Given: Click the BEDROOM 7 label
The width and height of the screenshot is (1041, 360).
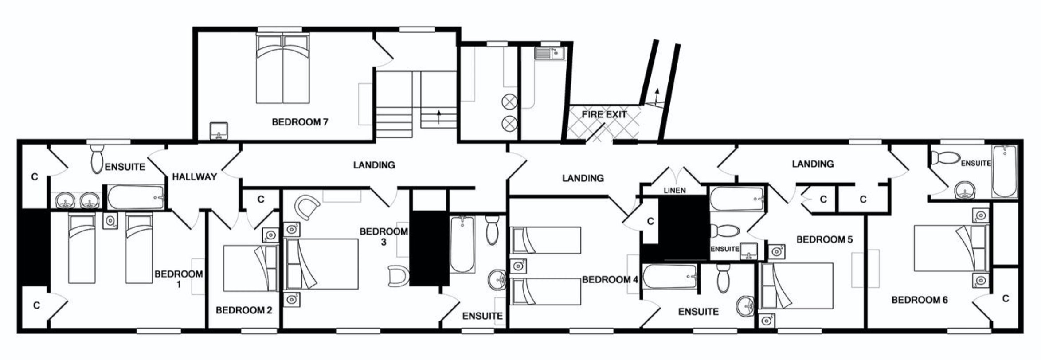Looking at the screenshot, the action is pyautogui.click(x=300, y=122).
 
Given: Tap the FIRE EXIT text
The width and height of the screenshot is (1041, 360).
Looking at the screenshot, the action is pyautogui.click(x=604, y=114).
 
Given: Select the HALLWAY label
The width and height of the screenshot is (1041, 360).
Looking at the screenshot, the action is pyautogui.click(x=194, y=177).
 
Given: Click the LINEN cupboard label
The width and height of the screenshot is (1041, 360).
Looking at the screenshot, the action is pyautogui.click(x=674, y=191).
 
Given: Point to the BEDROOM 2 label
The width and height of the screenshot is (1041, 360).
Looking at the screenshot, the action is pyautogui.click(x=244, y=310).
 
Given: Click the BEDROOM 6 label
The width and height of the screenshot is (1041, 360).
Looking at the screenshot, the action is pyautogui.click(x=920, y=300).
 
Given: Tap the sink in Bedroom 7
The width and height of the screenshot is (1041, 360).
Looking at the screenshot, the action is pyautogui.click(x=219, y=131).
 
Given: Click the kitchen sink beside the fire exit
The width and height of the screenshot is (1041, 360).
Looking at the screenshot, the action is pyautogui.click(x=550, y=54).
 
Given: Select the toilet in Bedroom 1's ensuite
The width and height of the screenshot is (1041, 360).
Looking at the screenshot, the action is pyautogui.click(x=97, y=159).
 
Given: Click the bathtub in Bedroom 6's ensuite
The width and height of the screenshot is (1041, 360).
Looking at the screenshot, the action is pyautogui.click(x=1004, y=171).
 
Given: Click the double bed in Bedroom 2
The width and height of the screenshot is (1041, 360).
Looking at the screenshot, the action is pyautogui.click(x=251, y=268).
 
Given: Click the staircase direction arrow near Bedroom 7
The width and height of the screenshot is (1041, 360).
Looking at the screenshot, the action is pyautogui.click(x=439, y=117).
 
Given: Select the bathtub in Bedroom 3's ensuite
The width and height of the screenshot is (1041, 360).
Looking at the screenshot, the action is pyautogui.click(x=462, y=244).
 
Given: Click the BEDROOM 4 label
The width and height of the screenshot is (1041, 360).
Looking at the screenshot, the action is pyautogui.click(x=610, y=280).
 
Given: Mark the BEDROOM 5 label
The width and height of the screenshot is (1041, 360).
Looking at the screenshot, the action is pyautogui.click(x=824, y=240).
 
